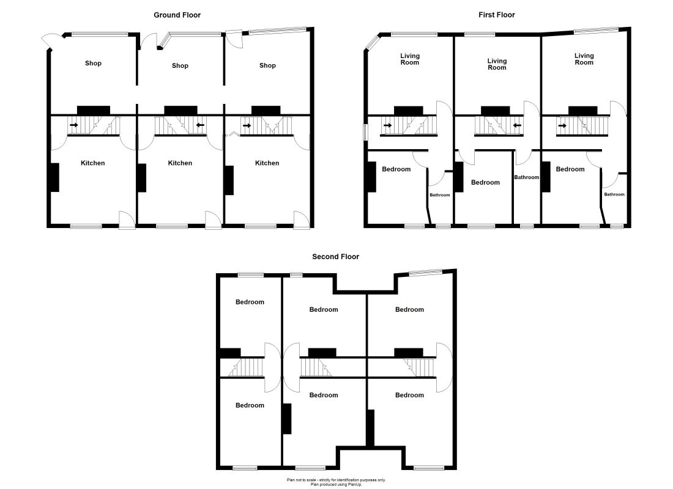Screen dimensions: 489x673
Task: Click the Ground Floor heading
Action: click(x=177, y=15)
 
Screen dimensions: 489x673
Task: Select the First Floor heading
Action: click(x=497, y=15)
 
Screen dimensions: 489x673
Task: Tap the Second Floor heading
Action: click(x=335, y=257)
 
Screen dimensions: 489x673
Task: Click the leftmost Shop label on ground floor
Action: click(x=93, y=64)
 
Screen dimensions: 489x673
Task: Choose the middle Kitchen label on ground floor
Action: click(x=180, y=163)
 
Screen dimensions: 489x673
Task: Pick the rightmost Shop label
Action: click(x=267, y=65)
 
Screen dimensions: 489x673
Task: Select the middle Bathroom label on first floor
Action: click(x=526, y=178)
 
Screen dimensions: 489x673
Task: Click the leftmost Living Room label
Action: click(x=410, y=59)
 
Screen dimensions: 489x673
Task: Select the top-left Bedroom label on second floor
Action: click(x=250, y=302)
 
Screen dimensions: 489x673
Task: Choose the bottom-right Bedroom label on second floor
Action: click(x=409, y=395)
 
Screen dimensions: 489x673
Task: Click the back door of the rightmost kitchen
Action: click(x=300, y=219)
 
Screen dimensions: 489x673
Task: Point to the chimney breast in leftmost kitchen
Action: click(x=54, y=178)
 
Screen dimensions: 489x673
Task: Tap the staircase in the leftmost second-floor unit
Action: click(x=245, y=367)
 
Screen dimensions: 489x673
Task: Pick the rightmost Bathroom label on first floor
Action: click(x=614, y=195)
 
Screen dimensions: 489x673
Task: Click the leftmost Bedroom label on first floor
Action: click(x=396, y=169)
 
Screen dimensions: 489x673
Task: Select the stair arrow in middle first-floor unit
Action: click(x=517, y=127)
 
